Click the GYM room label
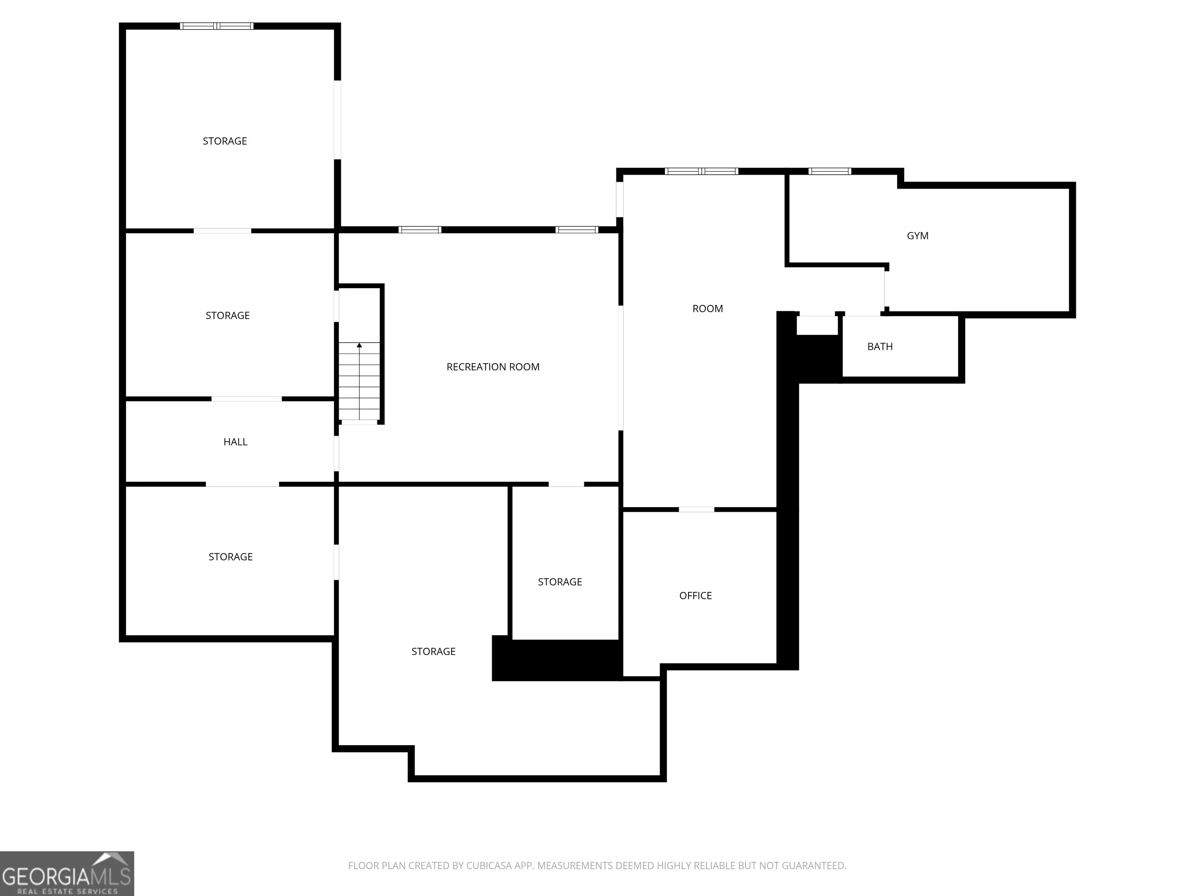[x=917, y=236]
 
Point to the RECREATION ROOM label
[x=493, y=367]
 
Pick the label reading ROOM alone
[x=707, y=309]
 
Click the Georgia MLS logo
[x=67, y=873]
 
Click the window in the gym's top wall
[x=829, y=171]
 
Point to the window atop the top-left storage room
[x=217, y=26]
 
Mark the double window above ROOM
[x=701, y=171]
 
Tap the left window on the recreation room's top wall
[x=420, y=229]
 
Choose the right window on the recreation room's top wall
[x=576, y=229]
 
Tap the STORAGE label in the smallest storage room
[x=560, y=582]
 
